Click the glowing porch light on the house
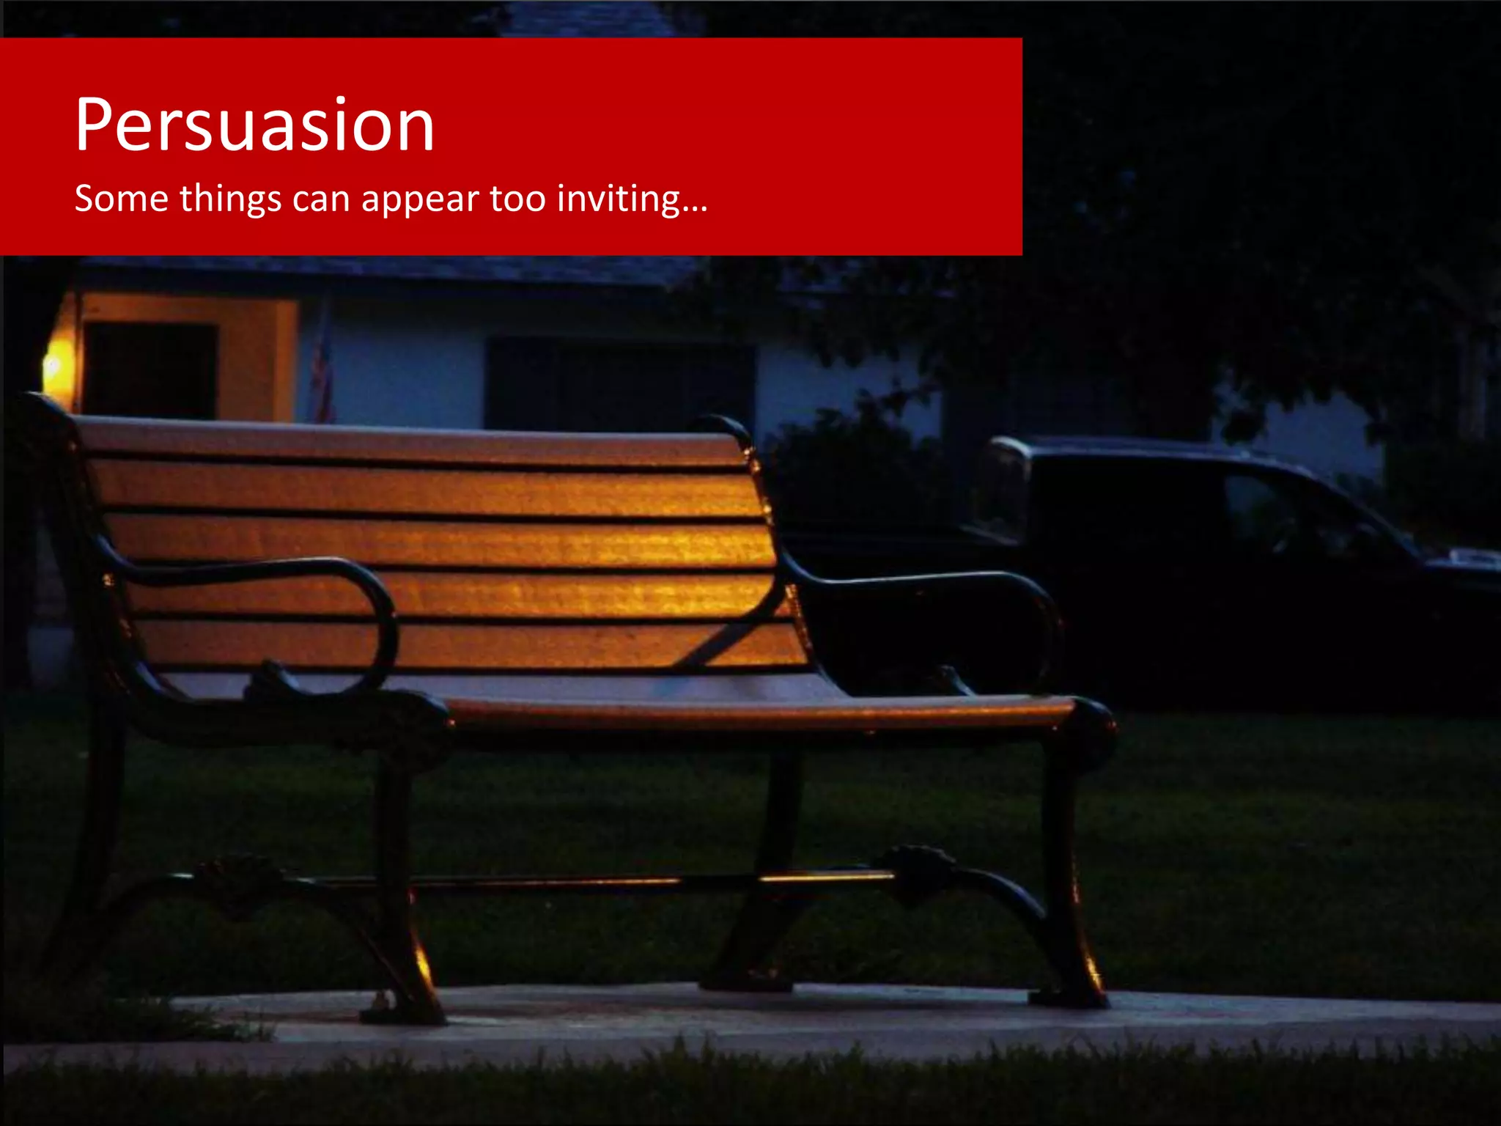point(53,364)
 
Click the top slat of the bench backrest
point(410,441)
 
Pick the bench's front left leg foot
point(403,1012)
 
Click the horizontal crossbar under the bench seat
point(586,882)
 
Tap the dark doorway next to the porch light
point(150,370)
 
